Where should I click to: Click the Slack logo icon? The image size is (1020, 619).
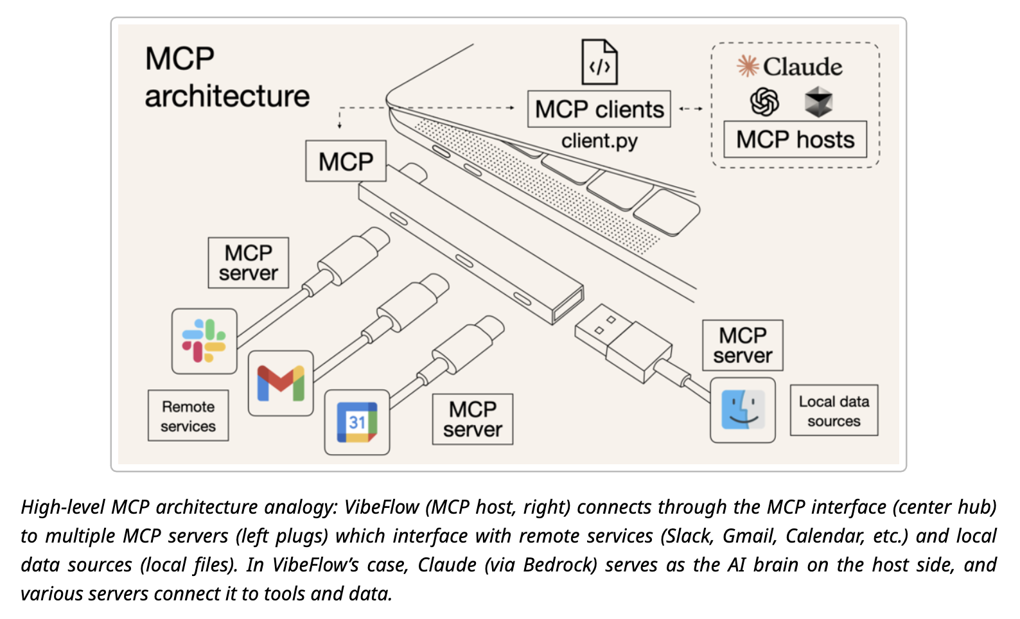[204, 341]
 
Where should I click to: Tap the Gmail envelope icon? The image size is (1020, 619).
[281, 383]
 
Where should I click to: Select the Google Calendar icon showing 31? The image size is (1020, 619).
[357, 422]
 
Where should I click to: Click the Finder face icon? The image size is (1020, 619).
[743, 410]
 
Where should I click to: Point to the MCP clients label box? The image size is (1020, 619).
[599, 109]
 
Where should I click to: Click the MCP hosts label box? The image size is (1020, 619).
[795, 139]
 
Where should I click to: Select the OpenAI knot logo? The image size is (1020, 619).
[764, 101]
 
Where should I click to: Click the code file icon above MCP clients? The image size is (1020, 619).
[599, 62]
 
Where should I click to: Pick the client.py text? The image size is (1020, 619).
[599, 141]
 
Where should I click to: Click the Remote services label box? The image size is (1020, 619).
[188, 416]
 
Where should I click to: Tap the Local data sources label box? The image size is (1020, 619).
[833, 411]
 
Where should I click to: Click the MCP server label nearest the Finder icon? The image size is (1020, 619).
[743, 345]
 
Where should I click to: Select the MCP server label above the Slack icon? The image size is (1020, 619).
[248, 263]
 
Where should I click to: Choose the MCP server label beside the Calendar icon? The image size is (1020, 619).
[472, 419]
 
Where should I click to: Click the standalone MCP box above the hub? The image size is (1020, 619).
[346, 161]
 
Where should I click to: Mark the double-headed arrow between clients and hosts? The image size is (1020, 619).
[690, 109]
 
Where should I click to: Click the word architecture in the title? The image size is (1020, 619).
[227, 96]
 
